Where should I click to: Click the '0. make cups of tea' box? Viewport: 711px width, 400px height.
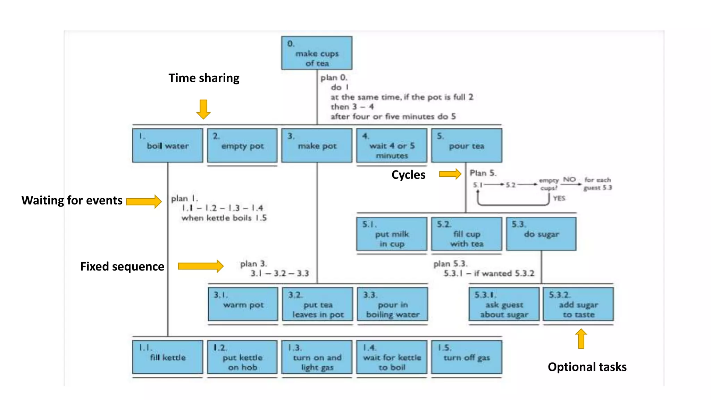coord(317,53)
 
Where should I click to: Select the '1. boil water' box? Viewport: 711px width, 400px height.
coord(168,145)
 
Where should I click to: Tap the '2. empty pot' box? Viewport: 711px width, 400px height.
coord(242,145)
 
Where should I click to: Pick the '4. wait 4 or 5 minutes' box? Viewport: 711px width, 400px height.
coord(392,145)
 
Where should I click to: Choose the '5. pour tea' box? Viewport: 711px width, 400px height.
coord(467,145)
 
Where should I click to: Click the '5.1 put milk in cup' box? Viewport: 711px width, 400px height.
coord(392,234)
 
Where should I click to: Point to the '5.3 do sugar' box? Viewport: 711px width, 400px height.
coord(541,234)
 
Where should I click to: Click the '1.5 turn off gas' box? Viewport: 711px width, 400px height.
coord(467,357)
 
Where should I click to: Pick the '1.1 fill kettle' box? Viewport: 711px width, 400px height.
coord(168,357)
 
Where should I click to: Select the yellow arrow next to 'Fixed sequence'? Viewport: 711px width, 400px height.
coord(201,266)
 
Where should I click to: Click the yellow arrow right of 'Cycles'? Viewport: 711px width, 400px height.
coord(450,174)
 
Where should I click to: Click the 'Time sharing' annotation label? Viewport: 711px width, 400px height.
coord(204,78)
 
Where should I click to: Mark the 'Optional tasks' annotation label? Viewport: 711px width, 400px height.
coord(587,367)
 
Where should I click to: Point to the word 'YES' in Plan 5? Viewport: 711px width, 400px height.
coord(559,198)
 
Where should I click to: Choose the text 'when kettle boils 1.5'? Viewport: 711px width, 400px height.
coord(224,218)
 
